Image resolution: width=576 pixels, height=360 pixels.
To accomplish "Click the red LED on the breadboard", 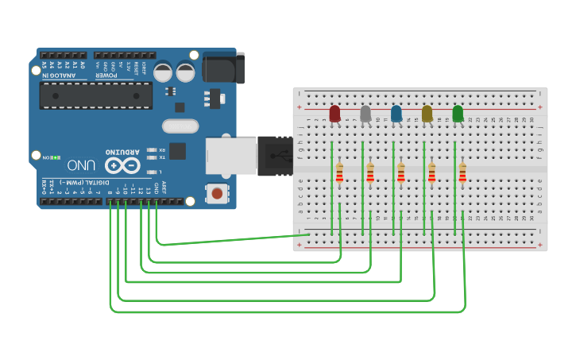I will [334, 114].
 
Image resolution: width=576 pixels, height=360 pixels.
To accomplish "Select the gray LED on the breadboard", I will [365, 114].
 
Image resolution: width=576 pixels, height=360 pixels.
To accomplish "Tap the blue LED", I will [396, 114].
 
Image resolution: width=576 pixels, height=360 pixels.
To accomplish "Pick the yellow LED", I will [427, 114].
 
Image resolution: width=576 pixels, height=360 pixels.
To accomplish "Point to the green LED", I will [458, 114].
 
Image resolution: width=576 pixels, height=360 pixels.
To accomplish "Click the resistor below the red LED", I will [339, 172].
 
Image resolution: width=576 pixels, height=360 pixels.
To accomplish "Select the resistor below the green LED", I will [462, 172].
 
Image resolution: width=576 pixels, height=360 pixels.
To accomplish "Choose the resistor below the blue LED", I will [401, 172].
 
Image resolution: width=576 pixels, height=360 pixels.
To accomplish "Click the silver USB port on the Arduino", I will [231, 156].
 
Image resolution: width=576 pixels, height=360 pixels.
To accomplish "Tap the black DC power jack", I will [223, 68].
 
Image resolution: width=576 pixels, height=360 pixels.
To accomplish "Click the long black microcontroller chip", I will [95, 95].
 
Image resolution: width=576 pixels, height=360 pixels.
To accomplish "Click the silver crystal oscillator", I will [180, 126].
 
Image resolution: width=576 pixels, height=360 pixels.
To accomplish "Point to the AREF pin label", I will [164, 188].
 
